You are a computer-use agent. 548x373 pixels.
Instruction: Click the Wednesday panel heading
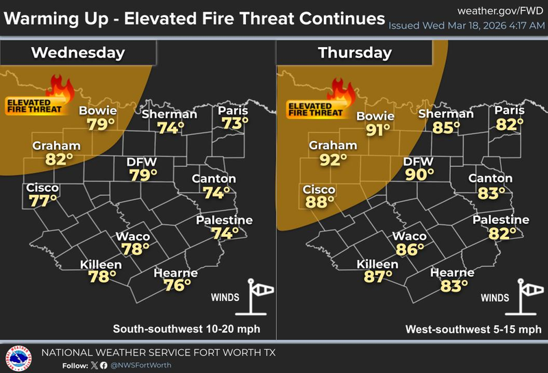(78, 53)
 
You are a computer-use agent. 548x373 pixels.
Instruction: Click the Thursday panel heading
(354, 53)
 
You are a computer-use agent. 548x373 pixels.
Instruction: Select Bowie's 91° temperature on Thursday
(376, 130)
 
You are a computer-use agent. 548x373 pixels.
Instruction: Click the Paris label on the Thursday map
(510, 111)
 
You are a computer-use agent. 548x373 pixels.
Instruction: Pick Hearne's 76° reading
(177, 286)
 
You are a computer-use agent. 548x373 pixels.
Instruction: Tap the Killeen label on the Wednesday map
(101, 265)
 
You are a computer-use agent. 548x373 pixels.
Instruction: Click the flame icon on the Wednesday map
(60, 88)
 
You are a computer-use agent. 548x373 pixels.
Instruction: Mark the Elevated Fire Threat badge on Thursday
(314, 107)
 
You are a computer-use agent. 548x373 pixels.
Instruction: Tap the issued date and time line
(466, 26)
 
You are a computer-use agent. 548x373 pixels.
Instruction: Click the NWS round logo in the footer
(18, 357)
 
